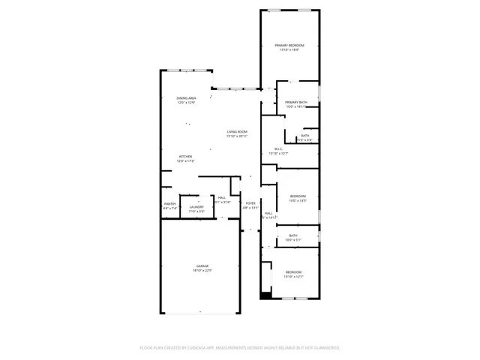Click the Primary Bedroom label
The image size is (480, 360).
pos(289,46)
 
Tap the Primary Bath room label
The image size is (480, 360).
pos(297,102)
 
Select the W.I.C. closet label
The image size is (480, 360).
pos(278,148)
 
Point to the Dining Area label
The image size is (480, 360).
pos(187,98)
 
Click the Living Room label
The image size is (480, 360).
pos(238,132)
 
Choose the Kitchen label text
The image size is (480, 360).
pos(185,157)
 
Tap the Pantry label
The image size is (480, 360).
pos(170,204)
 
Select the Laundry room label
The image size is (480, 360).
pos(196,207)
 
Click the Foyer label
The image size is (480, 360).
pos(250,203)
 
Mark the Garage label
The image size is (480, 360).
pos(202,266)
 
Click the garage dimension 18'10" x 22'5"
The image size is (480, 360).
pos(202,271)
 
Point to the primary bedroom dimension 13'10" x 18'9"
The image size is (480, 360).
pos(289,50)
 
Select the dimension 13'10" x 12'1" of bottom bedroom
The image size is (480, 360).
pos(292,277)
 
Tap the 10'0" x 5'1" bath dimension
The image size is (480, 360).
pos(292,240)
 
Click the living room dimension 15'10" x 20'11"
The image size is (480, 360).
pos(238,136)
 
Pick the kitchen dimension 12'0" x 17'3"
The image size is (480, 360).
pos(185,161)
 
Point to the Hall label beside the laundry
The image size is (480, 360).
pos(222,198)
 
